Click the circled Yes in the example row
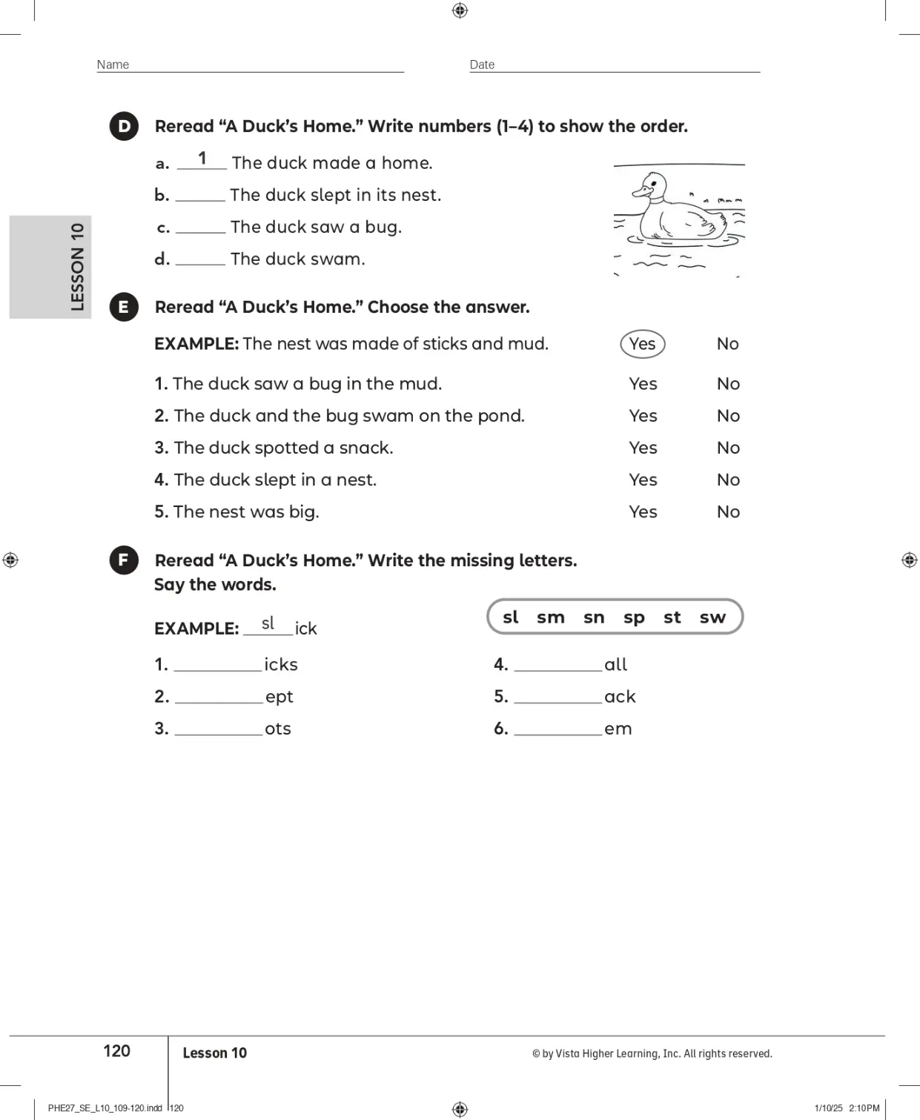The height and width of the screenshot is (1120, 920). coord(642,344)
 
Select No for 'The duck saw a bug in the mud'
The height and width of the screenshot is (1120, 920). coord(728,384)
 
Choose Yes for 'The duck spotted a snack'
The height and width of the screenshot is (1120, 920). coord(643,448)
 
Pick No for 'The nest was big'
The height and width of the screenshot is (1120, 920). coord(728,511)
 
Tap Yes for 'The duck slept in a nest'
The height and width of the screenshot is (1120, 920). coord(643,480)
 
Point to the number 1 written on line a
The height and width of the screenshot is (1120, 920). coord(202,159)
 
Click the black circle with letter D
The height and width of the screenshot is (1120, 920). coord(124,126)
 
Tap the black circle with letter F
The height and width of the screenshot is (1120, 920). coord(124,560)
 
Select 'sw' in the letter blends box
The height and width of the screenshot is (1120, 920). coord(712,617)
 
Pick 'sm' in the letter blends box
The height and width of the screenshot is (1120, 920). coord(551,617)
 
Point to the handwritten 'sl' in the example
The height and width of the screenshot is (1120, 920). coord(268,623)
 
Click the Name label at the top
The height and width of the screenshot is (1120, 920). coord(113,64)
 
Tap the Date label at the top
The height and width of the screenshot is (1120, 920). coord(482,64)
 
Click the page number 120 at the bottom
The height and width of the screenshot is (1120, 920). coord(116,1050)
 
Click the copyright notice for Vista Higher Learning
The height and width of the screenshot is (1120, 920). coord(652,1053)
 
